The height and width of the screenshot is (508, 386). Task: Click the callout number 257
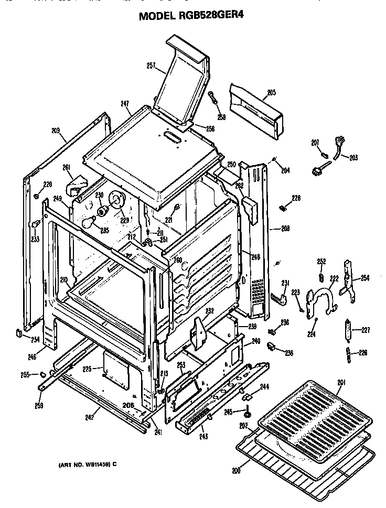click(x=152, y=66)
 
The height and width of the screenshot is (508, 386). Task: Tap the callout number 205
click(x=271, y=93)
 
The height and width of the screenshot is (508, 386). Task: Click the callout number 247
click(x=125, y=104)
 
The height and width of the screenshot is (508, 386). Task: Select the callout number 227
click(x=366, y=330)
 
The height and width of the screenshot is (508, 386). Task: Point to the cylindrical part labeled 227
click(x=348, y=331)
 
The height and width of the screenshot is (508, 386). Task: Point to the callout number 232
click(x=209, y=310)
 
